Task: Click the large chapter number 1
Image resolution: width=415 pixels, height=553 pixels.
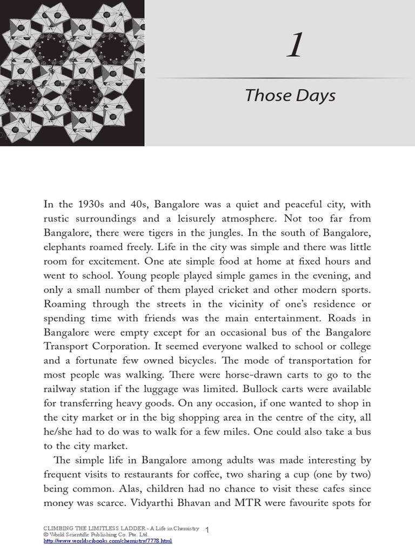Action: (x=293, y=48)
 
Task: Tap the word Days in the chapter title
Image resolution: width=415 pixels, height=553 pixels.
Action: (x=314, y=96)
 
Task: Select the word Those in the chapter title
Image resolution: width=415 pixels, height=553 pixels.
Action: (x=267, y=96)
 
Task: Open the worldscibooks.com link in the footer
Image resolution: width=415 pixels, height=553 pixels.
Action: (x=107, y=540)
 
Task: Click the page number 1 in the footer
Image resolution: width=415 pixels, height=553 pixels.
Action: (x=208, y=529)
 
